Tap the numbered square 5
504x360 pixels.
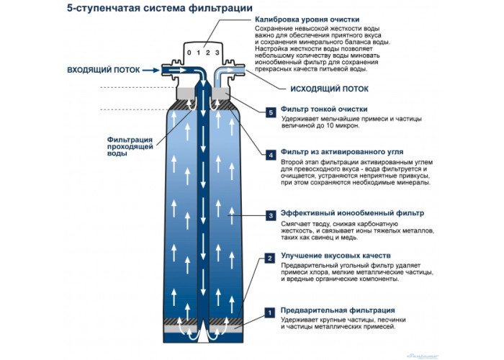point(270,113)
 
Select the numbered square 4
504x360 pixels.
point(270,155)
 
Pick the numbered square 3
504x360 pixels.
point(270,215)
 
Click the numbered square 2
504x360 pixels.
point(270,258)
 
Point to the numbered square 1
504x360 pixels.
point(270,312)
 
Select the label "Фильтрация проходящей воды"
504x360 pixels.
point(128,146)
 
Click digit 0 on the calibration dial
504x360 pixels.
point(189,53)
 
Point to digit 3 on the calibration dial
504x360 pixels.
point(215,53)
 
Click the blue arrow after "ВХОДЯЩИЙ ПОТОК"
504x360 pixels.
point(150,71)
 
